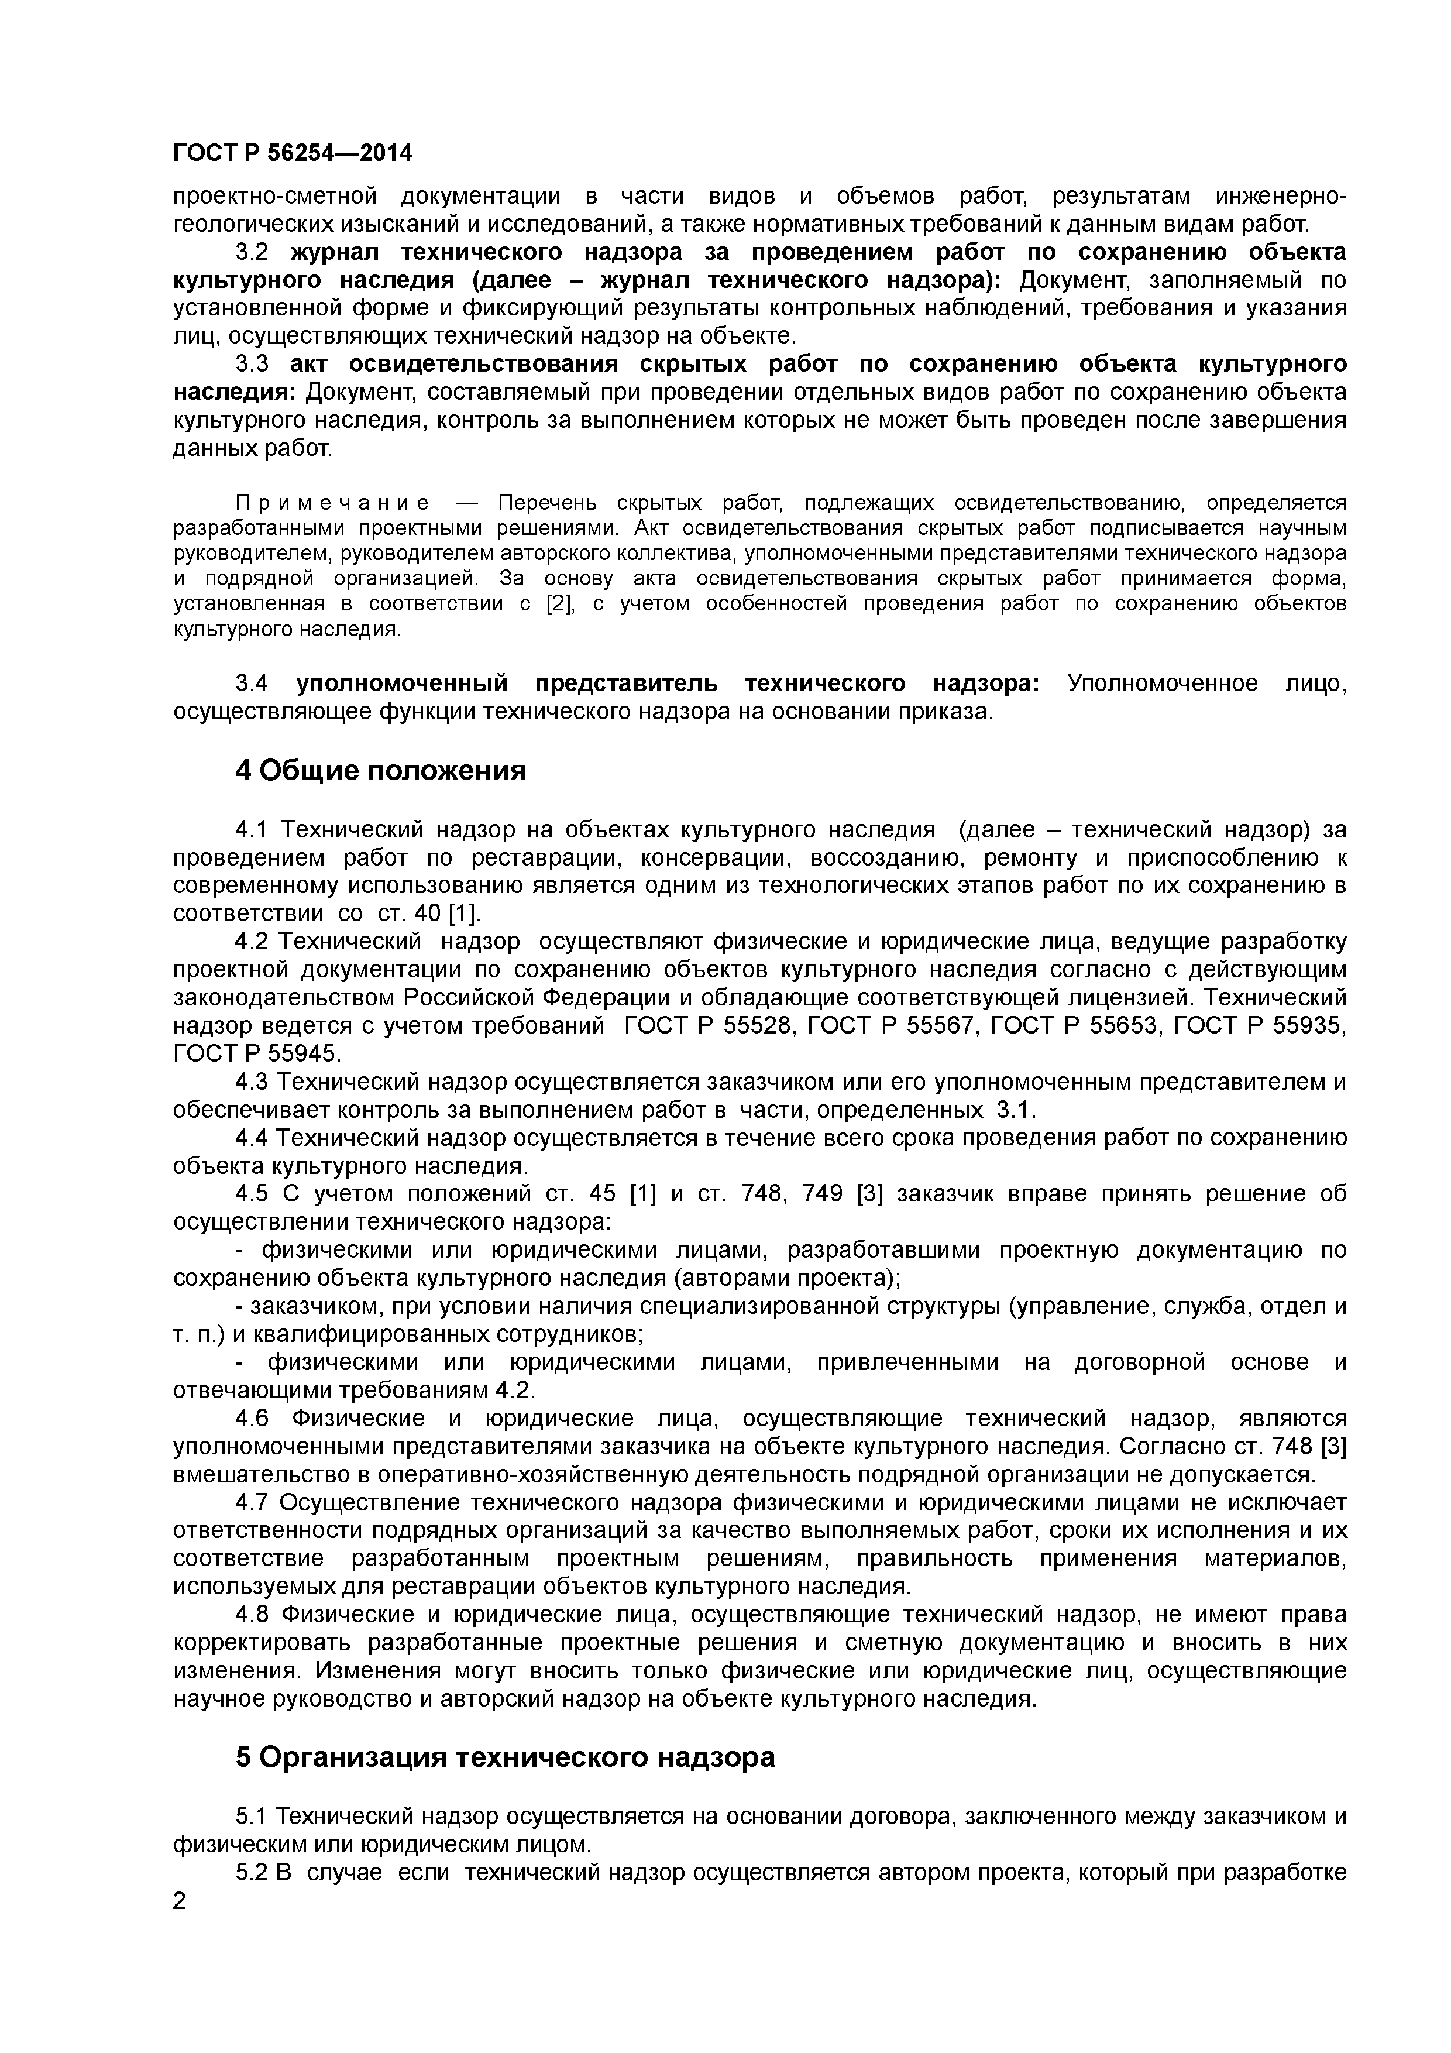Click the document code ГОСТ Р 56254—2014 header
293,154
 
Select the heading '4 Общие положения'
380,770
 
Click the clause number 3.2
251,252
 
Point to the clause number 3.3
251,364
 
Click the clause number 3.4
251,683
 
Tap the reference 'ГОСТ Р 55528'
708,1025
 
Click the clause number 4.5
251,1194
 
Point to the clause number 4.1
251,830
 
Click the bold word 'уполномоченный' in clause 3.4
401,683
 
